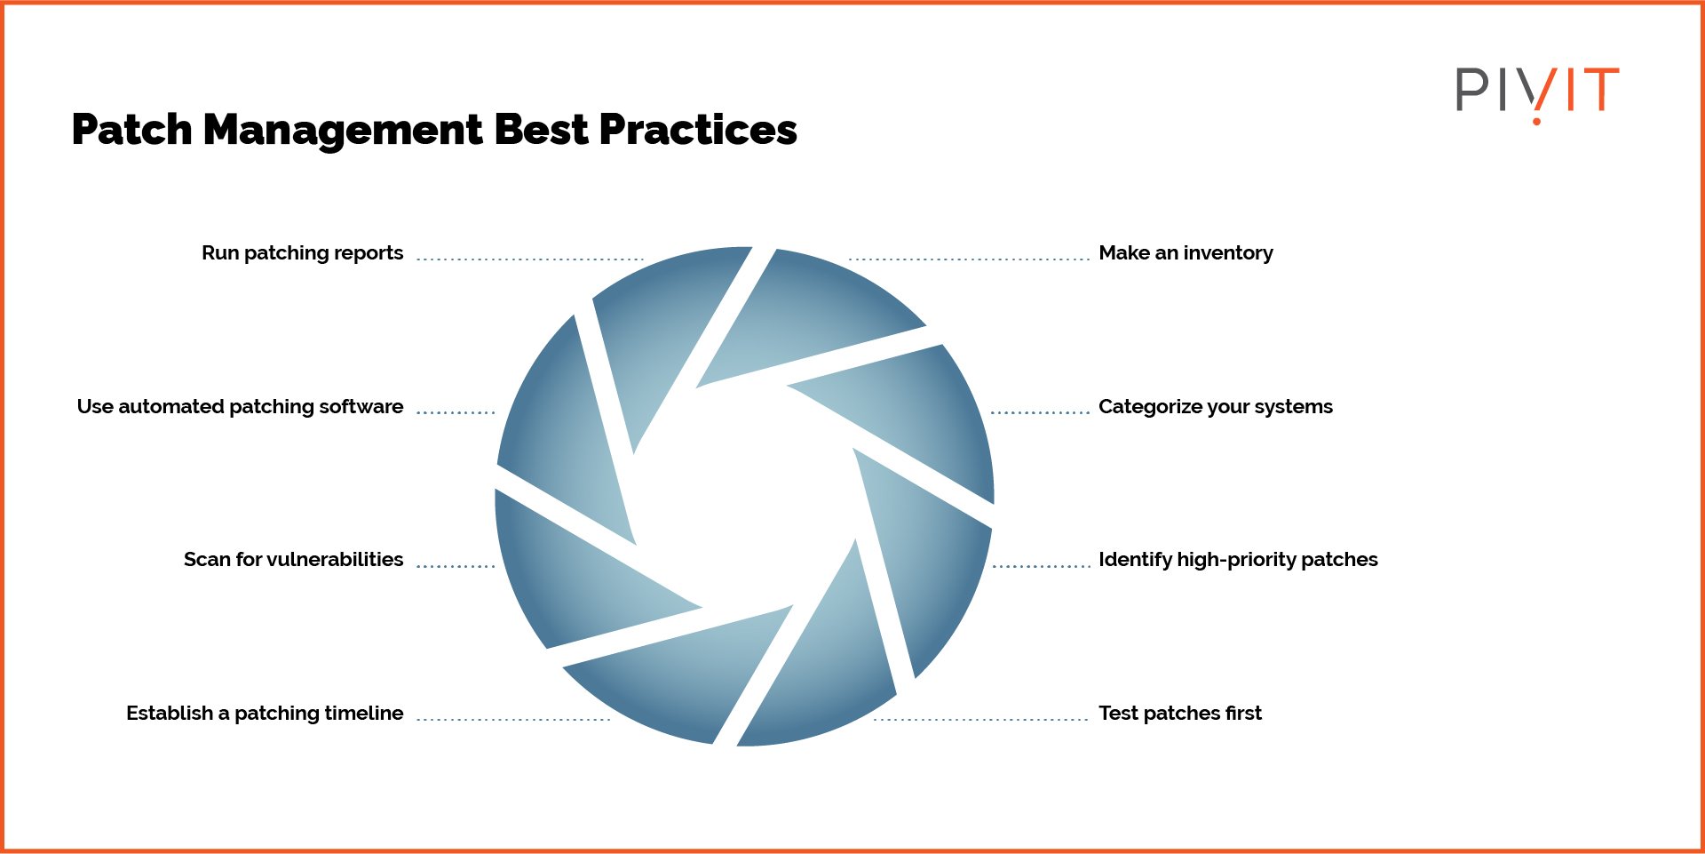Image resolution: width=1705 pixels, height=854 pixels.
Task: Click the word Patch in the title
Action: (x=131, y=130)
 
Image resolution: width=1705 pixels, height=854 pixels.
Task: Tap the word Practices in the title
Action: (x=698, y=131)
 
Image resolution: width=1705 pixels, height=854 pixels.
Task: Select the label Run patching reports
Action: (x=302, y=253)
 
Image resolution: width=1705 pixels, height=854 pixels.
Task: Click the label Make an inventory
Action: (x=1186, y=253)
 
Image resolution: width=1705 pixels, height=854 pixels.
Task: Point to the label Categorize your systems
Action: (x=1216, y=407)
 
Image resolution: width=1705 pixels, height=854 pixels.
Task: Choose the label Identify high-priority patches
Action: (x=1238, y=560)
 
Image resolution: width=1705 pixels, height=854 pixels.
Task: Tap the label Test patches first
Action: (x=1180, y=713)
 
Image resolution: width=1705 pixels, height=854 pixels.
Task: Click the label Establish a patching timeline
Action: (x=265, y=713)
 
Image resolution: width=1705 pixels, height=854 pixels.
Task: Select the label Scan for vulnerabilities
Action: (x=293, y=559)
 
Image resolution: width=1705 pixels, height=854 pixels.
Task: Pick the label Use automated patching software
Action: (x=240, y=407)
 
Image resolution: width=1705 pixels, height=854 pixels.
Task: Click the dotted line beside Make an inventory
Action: (x=969, y=259)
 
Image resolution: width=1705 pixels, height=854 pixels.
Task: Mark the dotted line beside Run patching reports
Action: (x=530, y=259)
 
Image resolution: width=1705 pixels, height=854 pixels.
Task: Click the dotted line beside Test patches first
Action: (x=981, y=719)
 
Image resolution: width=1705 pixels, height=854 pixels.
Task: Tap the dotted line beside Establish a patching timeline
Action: (x=513, y=719)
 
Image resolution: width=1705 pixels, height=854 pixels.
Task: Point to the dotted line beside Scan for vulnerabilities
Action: (x=456, y=565)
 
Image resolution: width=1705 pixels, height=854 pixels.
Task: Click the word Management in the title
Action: (x=343, y=131)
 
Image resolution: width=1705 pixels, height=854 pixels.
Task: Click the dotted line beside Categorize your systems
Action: (x=1040, y=412)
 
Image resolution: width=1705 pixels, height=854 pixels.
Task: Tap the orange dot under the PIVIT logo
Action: (x=1536, y=120)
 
